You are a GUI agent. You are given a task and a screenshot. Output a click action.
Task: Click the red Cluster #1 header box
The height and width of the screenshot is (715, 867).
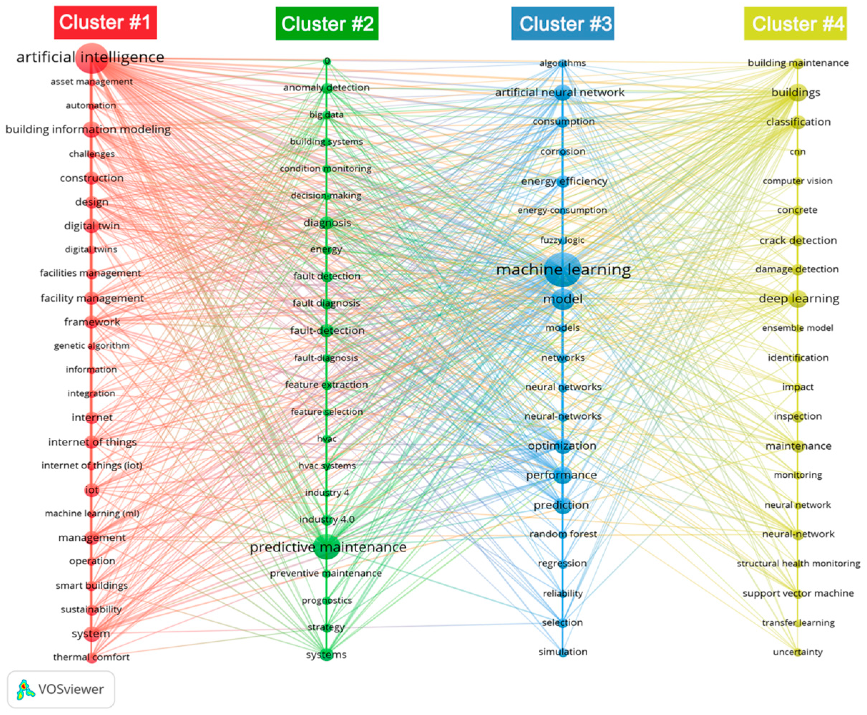click(x=106, y=23)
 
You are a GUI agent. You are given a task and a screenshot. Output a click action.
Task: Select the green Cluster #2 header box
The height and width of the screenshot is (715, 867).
click(x=327, y=24)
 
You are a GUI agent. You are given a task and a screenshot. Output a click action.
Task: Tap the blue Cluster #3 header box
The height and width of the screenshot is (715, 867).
click(x=562, y=24)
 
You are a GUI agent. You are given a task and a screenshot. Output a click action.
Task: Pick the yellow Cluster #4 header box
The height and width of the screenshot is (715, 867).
click(x=795, y=24)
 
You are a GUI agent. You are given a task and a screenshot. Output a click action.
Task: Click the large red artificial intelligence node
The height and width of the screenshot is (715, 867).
click(x=92, y=58)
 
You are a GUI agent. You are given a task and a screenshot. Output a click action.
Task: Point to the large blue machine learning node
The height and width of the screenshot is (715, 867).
click(x=562, y=270)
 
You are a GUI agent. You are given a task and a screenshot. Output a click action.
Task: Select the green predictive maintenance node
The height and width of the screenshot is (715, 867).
click(x=327, y=547)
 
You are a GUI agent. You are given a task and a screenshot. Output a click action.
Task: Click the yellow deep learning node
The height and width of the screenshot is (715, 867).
click(x=798, y=298)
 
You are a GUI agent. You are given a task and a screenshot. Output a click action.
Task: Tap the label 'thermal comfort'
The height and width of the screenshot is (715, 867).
click(x=92, y=657)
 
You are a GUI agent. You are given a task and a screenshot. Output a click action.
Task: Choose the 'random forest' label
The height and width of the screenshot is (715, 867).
click(x=563, y=534)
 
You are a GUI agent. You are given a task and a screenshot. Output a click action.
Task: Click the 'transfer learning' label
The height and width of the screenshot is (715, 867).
click(x=798, y=623)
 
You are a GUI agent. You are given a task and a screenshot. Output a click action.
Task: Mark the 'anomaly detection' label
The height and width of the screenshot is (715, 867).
click(x=327, y=87)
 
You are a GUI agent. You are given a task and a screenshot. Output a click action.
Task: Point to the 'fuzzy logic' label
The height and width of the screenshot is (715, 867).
click(x=562, y=240)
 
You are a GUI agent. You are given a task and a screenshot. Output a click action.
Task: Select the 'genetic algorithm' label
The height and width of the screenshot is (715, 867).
click(x=92, y=346)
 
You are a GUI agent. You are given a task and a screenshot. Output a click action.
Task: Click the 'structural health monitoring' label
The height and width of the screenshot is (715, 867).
click(x=798, y=563)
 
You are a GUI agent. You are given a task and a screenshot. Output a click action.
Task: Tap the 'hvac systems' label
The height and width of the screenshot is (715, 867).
click(x=327, y=466)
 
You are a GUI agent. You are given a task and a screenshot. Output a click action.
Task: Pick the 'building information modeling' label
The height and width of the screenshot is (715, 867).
click(x=88, y=129)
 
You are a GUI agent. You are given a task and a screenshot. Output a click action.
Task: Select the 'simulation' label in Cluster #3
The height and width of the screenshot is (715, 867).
click(x=563, y=652)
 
